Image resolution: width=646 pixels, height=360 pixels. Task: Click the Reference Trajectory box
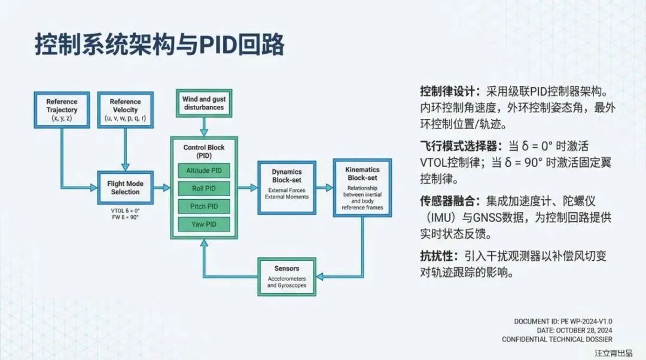[x=62, y=110]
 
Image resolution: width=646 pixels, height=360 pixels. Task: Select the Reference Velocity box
[x=125, y=110]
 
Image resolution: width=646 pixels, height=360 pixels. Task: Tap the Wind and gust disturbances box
[x=203, y=103]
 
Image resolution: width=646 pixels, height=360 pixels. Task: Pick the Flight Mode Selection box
[x=125, y=188]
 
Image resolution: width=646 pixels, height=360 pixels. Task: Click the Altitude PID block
[x=204, y=170]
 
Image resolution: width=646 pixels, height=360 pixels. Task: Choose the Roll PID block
[x=204, y=188]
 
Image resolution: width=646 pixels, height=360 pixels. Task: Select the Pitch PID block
[x=204, y=206]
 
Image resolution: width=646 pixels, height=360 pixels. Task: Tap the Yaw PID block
[x=204, y=224]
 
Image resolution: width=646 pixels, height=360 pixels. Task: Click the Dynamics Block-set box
[x=287, y=187]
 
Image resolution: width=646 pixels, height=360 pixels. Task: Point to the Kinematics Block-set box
[x=362, y=187]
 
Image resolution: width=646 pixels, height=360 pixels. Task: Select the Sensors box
[x=287, y=276]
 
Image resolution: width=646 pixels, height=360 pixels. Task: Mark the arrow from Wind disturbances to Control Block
[x=204, y=126]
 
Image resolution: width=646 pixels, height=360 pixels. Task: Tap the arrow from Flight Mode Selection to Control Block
[x=161, y=187]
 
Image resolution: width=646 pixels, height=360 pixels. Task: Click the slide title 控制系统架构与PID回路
[x=159, y=45]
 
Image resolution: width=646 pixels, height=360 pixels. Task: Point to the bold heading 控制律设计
[x=448, y=92]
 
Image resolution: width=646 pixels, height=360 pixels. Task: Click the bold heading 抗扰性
[x=439, y=257]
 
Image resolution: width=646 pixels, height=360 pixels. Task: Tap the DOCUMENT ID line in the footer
[x=563, y=322]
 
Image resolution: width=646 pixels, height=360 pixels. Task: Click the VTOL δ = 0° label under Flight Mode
[x=125, y=210]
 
